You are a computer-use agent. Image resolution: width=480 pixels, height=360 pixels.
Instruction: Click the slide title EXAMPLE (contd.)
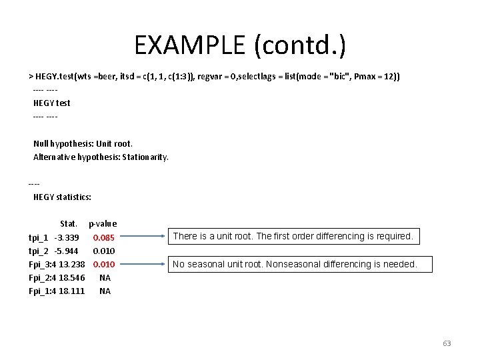coord(240,45)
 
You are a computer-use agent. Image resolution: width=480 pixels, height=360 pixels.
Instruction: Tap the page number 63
coord(447,344)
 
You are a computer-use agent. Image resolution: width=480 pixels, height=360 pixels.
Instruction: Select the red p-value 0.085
coord(104,238)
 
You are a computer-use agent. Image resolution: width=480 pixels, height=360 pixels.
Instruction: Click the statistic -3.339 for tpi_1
coord(67,238)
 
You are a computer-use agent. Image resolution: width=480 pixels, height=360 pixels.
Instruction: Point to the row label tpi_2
coord(39,251)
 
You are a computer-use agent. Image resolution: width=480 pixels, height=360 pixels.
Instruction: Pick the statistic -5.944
coord(67,251)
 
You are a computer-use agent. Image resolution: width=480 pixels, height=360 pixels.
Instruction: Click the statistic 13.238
coord(72,265)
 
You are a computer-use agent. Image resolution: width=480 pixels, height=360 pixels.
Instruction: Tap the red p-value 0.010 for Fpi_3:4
coord(104,265)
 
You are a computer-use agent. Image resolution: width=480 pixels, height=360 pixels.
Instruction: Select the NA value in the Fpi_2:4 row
coord(105,278)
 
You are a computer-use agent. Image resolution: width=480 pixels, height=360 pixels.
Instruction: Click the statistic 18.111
coord(72,291)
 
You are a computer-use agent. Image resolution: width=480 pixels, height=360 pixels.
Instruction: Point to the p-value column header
coord(103,224)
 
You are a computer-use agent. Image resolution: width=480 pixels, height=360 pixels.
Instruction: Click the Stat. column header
coord(69,224)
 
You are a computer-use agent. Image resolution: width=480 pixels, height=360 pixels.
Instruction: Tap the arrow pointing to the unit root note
coord(142,236)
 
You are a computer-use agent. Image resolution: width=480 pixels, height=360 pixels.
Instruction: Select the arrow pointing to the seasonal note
coord(142,264)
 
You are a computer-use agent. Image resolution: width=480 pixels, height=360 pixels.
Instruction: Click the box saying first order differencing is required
coord(293,236)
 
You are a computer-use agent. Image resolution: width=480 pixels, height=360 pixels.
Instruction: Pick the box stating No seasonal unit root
coord(294,265)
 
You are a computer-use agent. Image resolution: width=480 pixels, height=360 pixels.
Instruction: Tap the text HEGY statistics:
coord(62,197)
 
